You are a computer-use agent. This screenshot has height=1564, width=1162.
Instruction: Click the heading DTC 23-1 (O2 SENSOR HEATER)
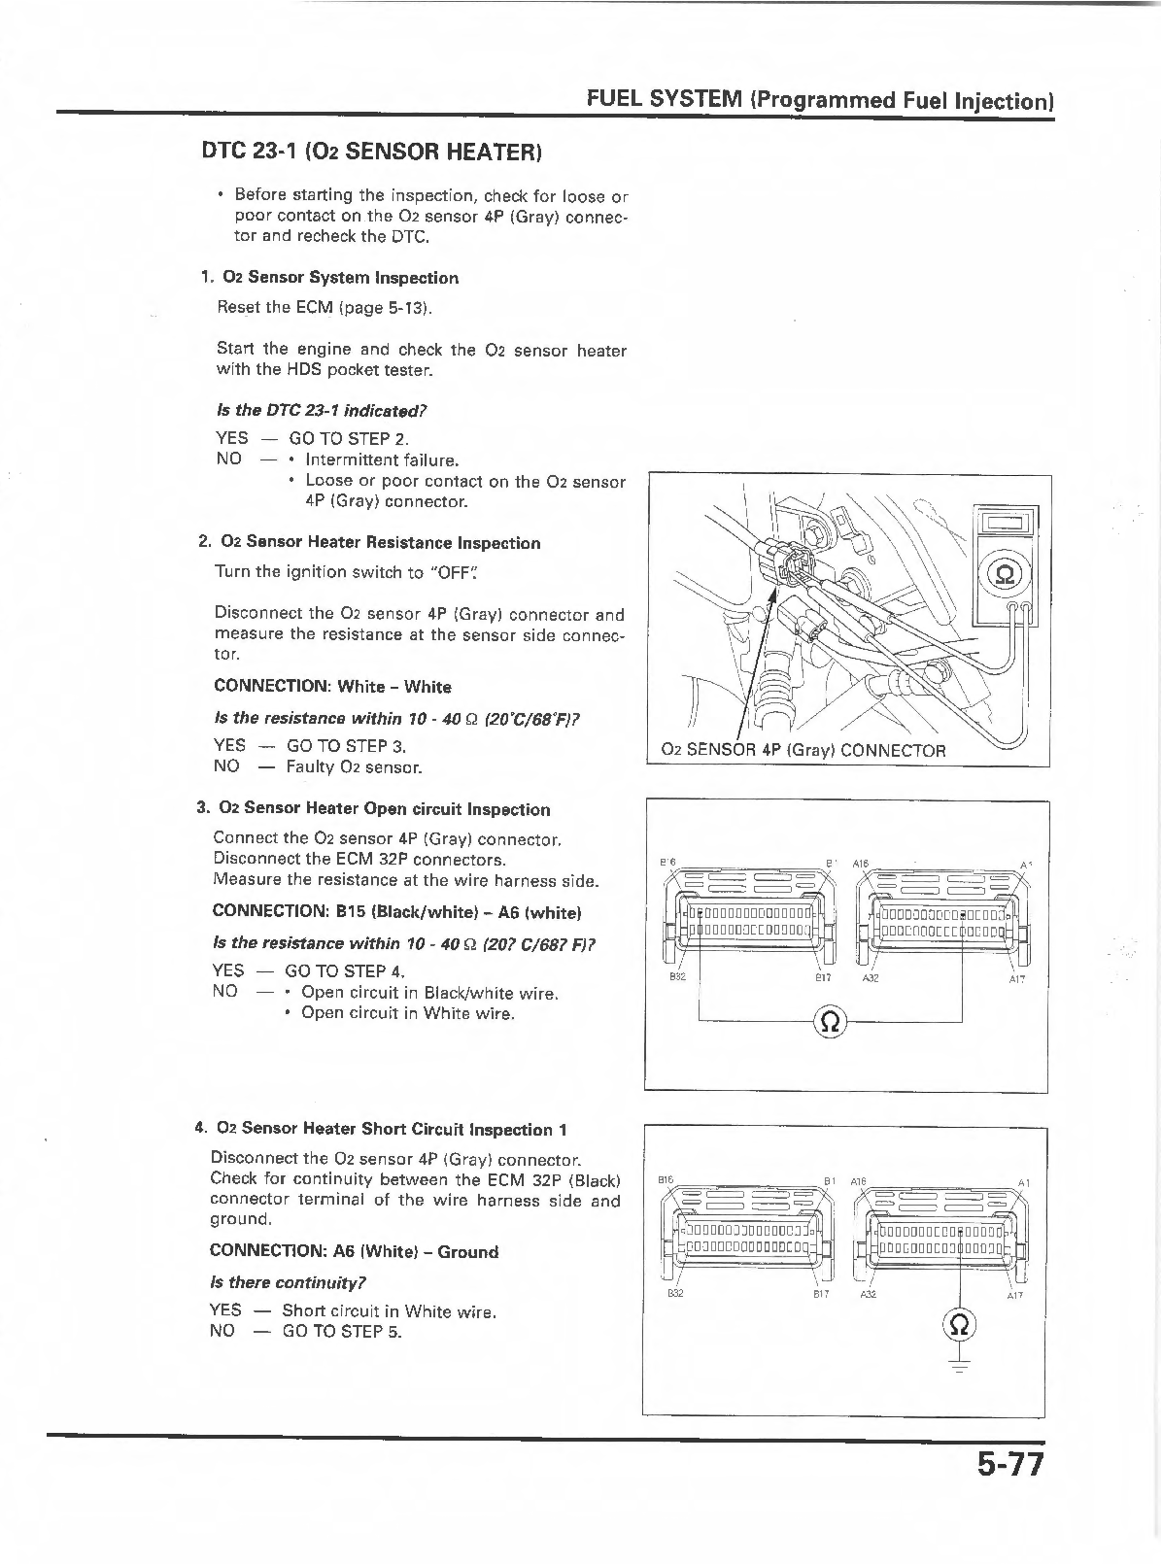tap(370, 152)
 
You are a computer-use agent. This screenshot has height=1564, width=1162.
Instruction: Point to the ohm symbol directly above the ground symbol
tap(959, 1324)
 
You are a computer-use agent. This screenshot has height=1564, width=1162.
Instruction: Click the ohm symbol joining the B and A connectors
tap(831, 1021)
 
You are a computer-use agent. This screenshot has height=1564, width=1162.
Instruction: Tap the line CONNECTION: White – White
tap(332, 687)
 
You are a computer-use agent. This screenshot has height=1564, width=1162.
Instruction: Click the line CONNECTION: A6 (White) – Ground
tap(354, 1251)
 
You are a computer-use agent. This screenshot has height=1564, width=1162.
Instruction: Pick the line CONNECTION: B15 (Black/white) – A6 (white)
tap(396, 912)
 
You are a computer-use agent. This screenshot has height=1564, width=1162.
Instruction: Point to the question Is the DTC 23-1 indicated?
tap(321, 410)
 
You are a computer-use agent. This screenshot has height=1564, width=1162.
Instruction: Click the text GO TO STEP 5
tap(342, 1331)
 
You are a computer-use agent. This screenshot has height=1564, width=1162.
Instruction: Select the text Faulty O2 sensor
tap(354, 767)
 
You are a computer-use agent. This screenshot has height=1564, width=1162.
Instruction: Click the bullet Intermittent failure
tap(382, 459)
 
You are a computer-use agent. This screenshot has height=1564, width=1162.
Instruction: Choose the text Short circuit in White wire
tap(389, 1311)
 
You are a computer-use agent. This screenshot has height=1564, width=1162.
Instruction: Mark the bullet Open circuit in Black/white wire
tap(429, 993)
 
